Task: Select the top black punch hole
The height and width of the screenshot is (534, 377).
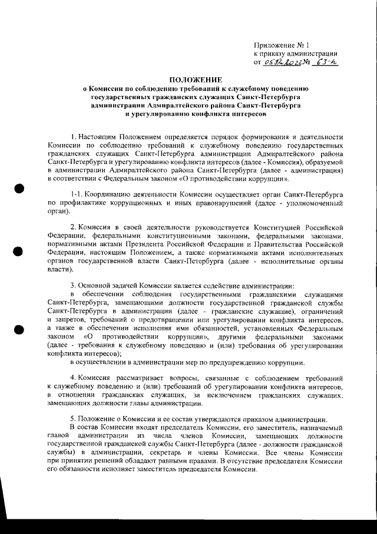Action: tap(18, 189)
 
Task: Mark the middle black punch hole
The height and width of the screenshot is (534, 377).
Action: tap(18, 251)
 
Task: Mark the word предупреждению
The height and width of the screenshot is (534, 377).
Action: tap(246, 361)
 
